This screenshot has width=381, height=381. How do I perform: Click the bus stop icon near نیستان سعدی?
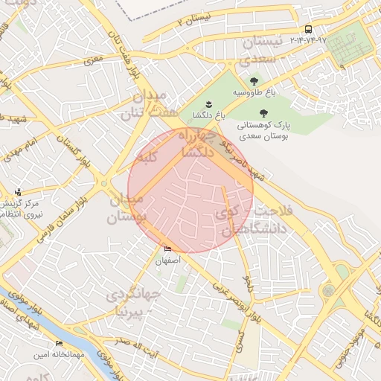click(x=308, y=29)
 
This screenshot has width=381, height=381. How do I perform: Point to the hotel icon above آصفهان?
click(x=167, y=249)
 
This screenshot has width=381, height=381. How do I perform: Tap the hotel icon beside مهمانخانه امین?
click(x=59, y=343)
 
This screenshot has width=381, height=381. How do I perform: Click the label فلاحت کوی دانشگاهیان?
click(x=253, y=221)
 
